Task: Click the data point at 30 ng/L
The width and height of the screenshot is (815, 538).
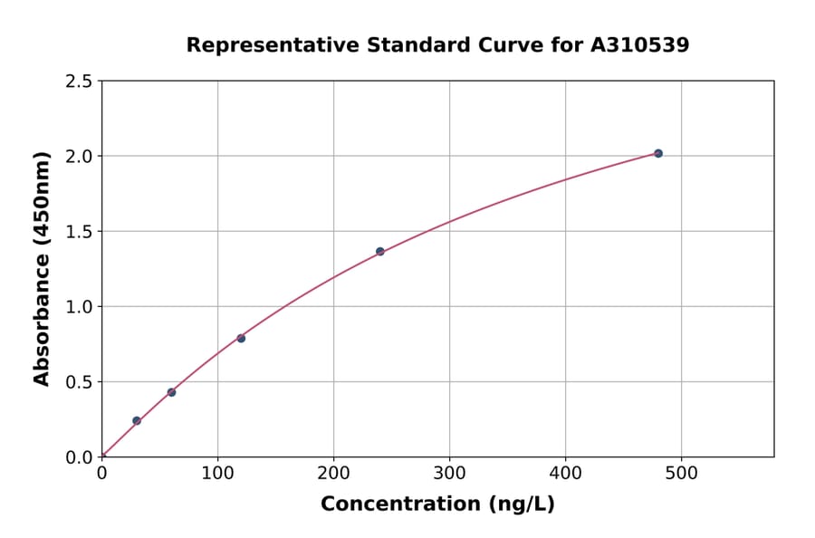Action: pos(137,420)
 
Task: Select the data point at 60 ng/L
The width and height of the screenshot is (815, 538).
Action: pos(171,392)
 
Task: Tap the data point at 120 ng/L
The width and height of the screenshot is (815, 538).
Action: pos(241,338)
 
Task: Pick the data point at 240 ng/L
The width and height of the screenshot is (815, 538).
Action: pos(380,251)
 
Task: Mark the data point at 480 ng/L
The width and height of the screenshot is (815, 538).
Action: pos(658,153)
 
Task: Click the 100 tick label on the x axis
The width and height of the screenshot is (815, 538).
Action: pos(217,473)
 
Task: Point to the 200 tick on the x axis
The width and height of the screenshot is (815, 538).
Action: pos(333,473)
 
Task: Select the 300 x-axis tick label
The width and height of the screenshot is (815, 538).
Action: pos(449,473)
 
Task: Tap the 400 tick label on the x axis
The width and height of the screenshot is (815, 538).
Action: pos(565,473)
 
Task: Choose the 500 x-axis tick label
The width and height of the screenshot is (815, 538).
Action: pos(681,473)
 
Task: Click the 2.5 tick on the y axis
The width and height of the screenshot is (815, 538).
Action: pos(80,82)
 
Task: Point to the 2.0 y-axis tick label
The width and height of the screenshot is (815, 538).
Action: pos(80,157)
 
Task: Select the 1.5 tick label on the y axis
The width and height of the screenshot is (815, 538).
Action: pos(80,232)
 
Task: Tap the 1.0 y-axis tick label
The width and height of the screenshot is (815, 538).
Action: pos(80,307)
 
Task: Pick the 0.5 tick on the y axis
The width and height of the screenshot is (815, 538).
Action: pos(80,382)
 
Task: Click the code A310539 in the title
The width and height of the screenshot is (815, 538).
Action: pos(639,45)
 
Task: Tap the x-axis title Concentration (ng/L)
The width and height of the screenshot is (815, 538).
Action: pos(437,504)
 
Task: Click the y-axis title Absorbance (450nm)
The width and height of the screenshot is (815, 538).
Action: pos(42,268)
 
